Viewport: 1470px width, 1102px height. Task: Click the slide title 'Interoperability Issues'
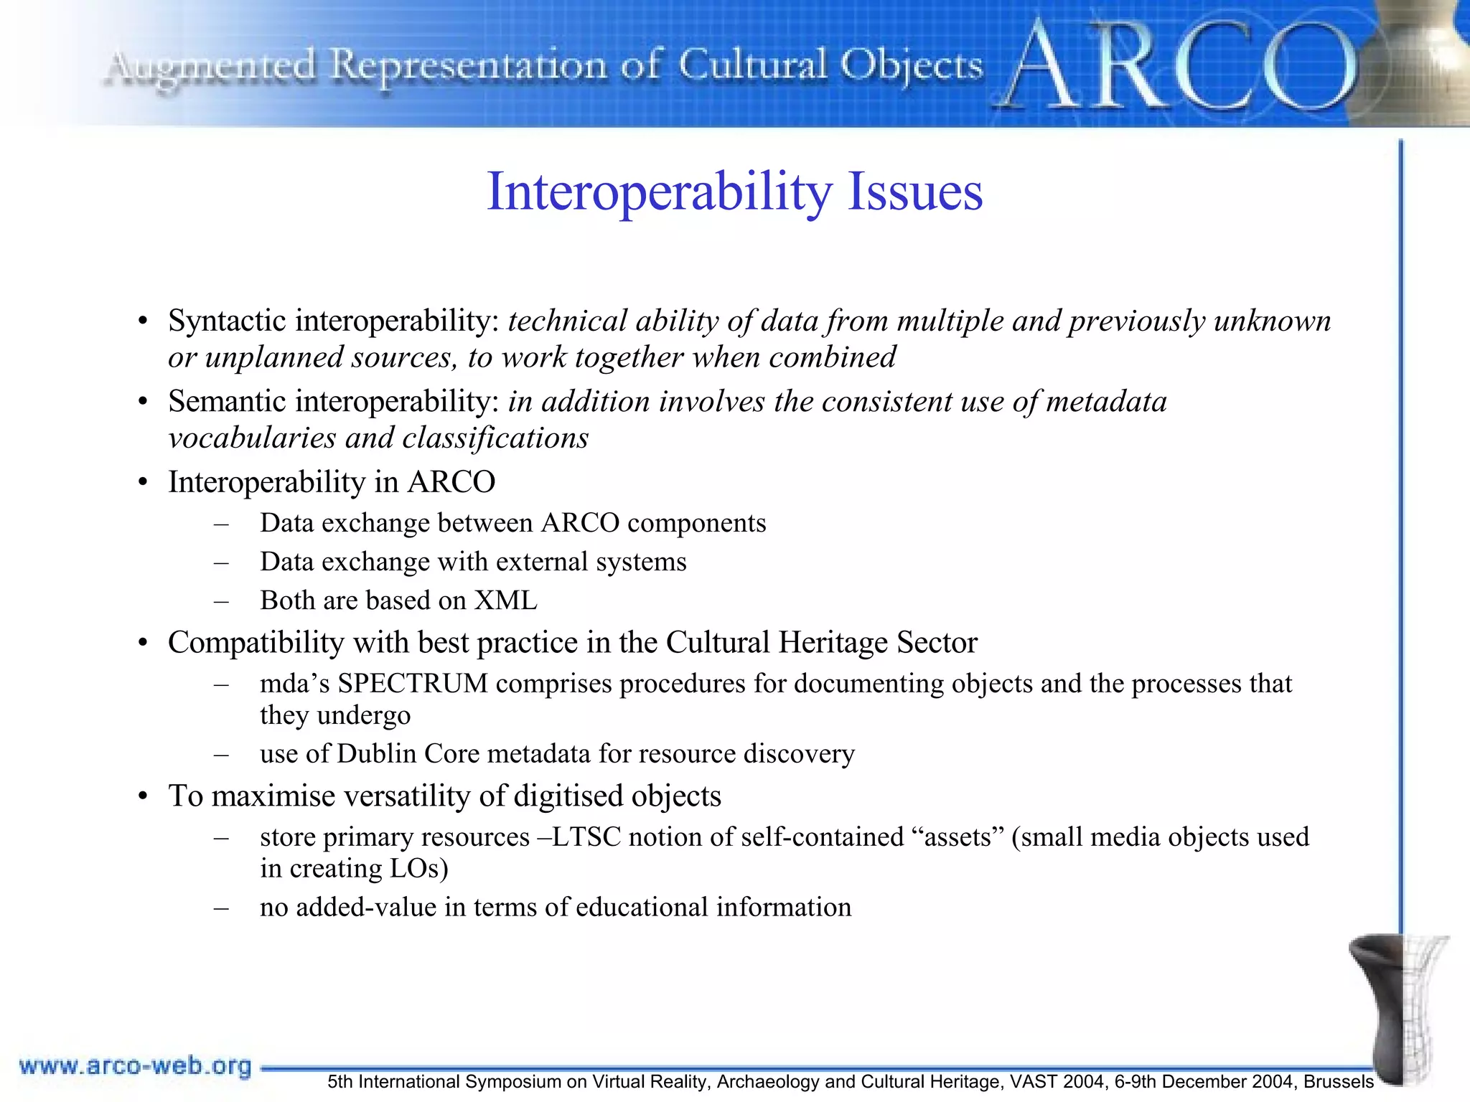pyautogui.click(x=734, y=192)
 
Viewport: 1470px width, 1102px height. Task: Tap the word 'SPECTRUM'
pyautogui.click(x=413, y=684)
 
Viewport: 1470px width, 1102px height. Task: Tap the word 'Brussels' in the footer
pyautogui.click(x=1339, y=1082)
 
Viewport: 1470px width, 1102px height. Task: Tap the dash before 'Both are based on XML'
pyautogui.click(x=221, y=601)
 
